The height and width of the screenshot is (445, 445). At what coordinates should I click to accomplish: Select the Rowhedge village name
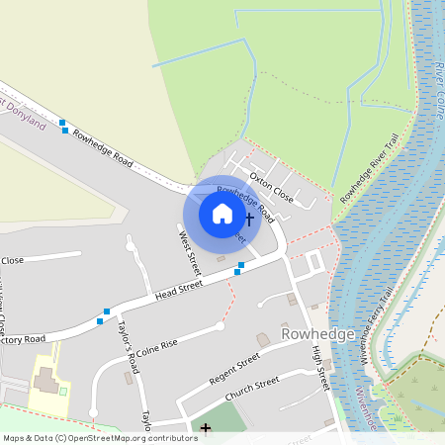pos(317,334)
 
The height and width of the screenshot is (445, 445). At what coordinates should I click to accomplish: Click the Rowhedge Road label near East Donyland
pos(103,144)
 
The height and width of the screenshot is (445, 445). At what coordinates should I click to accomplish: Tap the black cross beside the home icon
pos(249,218)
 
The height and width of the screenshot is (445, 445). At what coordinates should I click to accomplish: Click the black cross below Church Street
pos(206,428)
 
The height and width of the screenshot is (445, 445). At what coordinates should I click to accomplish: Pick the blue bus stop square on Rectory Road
pos(100,320)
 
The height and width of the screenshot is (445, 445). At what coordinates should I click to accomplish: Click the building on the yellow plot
pos(45,380)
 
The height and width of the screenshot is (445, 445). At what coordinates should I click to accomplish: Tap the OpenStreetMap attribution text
pos(99,437)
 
